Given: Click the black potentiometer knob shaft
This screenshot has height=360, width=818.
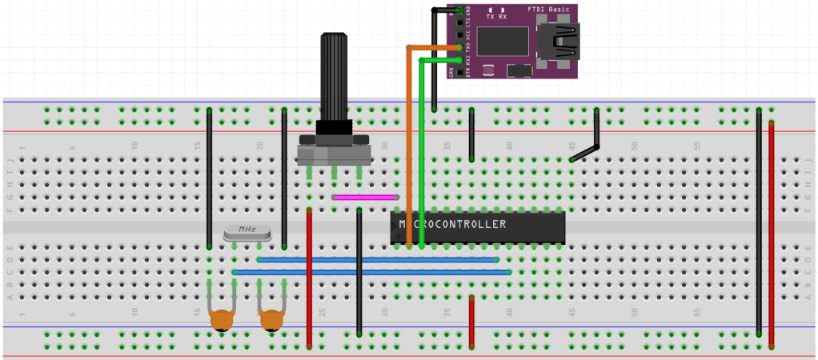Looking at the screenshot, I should point(335,76).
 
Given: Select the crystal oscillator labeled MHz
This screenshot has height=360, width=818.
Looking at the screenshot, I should point(247,232).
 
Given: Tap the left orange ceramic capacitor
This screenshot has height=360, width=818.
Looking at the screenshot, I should point(222,321).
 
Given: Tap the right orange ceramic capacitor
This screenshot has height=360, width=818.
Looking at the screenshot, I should point(272,321).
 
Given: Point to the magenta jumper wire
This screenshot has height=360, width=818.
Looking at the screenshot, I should point(365,196).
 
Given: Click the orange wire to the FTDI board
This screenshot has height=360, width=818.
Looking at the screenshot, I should point(408,144).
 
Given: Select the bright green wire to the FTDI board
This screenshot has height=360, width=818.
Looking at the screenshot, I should point(421,152).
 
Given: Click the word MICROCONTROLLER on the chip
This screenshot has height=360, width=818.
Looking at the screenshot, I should point(452,224).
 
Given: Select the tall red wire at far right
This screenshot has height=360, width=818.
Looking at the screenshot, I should point(772,232).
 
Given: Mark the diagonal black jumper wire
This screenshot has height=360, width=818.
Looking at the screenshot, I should point(585,152).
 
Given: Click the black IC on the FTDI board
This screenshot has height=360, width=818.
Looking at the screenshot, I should point(502,41).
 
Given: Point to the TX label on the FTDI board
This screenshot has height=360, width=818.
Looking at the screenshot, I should point(490,16).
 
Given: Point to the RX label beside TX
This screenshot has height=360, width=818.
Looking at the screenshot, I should point(503,16).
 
